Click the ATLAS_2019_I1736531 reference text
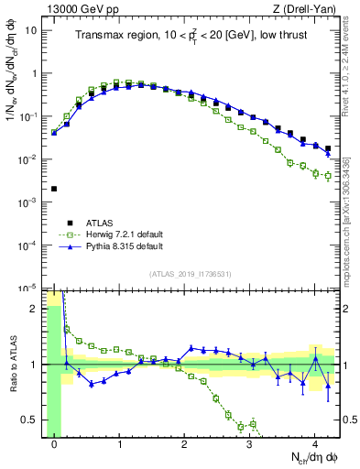(x=191, y=274)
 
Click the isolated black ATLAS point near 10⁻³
(x=54, y=189)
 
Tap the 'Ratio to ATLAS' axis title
(x=11, y=364)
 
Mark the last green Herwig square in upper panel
(x=327, y=176)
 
